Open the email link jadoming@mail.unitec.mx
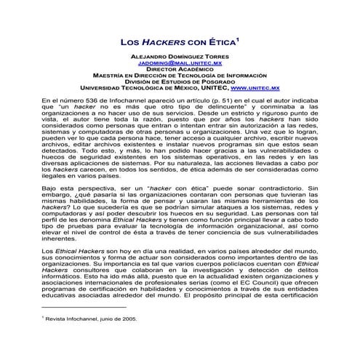[180, 63]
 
